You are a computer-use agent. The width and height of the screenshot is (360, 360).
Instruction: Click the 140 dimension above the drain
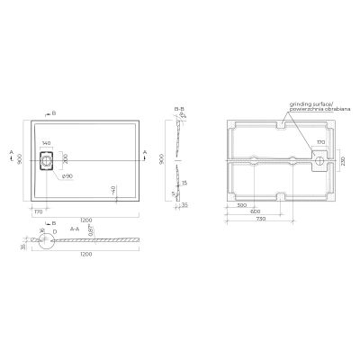pyautogui.click(x=48, y=144)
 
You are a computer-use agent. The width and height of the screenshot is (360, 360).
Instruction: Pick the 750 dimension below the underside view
pyautogui.click(x=258, y=219)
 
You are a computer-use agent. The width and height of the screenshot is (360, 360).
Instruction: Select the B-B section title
pyautogui.click(x=176, y=109)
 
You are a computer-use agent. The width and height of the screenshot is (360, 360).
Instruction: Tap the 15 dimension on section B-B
pyautogui.click(x=184, y=183)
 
